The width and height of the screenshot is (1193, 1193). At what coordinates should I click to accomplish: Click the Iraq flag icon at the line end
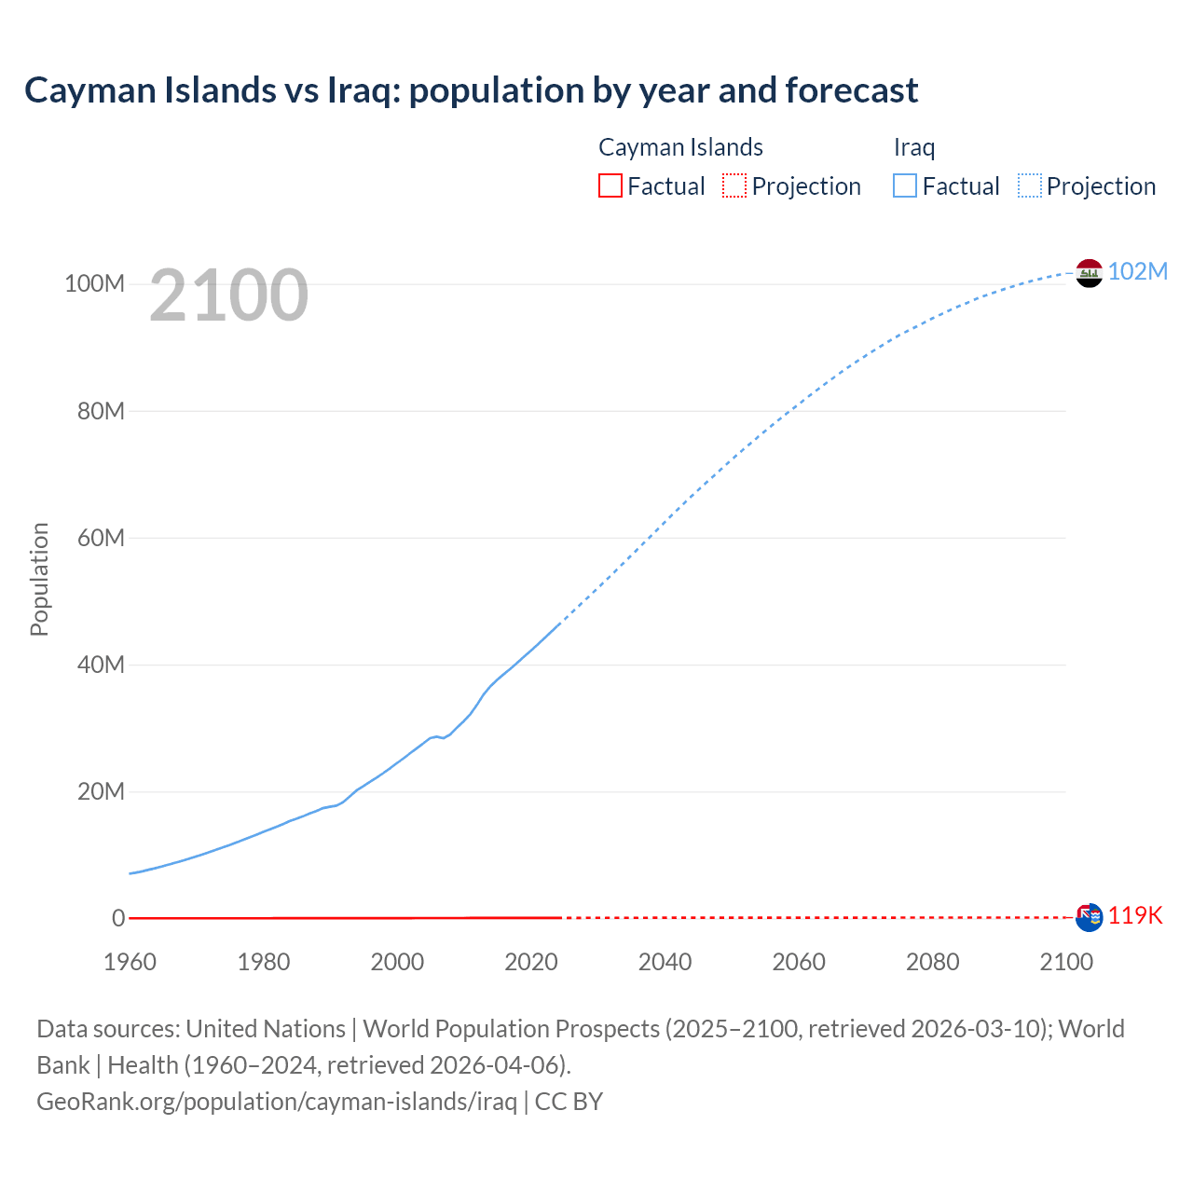pyautogui.click(x=1089, y=273)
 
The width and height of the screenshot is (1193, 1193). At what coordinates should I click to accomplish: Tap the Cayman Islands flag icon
pyautogui.click(x=1089, y=917)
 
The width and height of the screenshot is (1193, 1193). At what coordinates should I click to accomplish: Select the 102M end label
pyautogui.click(x=1137, y=271)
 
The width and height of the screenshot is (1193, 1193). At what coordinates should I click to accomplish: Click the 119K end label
pyautogui.click(x=1135, y=915)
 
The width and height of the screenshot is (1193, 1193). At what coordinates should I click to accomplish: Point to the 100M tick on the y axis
pyautogui.click(x=94, y=283)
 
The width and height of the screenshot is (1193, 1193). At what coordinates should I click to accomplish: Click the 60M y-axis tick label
pyautogui.click(x=101, y=538)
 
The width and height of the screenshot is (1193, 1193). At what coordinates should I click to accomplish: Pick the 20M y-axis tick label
pyautogui.click(x=101, y=791)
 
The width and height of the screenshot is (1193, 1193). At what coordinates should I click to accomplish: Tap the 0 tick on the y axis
pyautogui.click(x=118, y=918)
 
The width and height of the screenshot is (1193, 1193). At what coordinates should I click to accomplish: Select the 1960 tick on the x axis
pyautogui.click(x=130, y=962)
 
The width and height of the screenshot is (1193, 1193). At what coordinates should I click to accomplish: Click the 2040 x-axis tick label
pyautogui.click(x=665, y=962)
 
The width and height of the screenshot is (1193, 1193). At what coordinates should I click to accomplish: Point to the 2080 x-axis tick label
pyautogui.click(x=932, y=962)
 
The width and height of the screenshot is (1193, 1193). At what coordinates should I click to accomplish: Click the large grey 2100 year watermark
pyautogui.click(x=228, y=295)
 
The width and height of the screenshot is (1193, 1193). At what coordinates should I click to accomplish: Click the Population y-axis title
pyautogui.click(x=39, y=579)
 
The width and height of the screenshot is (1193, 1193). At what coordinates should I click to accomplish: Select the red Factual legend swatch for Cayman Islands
pyautogui.click(x=610, y=185)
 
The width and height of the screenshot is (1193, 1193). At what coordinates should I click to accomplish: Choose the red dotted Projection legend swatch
pyautogui.click(x=734, y=185)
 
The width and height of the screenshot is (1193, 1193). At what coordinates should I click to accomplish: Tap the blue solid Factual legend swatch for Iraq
pyautogui.click(x=904, y=185)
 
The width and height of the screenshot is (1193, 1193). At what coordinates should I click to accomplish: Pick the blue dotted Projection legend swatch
pyautogui.click(x=1030, y=185)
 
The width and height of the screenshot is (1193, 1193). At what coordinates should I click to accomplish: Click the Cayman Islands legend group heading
pyautogui.click(x=680, y=147)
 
